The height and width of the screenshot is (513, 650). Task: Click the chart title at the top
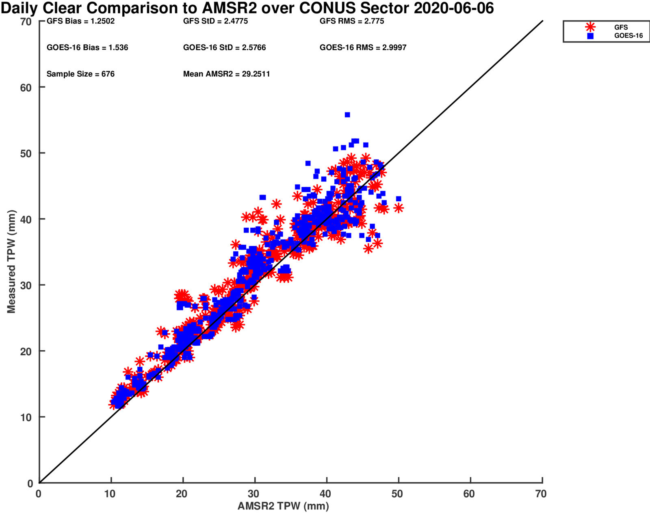pos(247,8)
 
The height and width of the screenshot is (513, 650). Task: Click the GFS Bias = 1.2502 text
pos(80,21)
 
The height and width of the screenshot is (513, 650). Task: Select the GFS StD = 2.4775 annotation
pos(215,21)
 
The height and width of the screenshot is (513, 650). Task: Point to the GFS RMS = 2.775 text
pos(352,21)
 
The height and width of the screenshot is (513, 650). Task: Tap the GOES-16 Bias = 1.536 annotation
pos(87,47)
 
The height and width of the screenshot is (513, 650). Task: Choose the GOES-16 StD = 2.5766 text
pos(224,47)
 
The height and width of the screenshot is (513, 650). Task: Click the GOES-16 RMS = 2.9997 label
pos(363,47)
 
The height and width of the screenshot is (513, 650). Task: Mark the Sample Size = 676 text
pos(80,74)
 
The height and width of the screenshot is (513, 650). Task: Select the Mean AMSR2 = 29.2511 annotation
pos(226,74)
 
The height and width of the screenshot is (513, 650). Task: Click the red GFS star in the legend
pos(590,27)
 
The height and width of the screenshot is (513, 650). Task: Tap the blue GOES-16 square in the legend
pos(590,36)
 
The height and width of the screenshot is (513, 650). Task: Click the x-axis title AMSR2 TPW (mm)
pos(283,506)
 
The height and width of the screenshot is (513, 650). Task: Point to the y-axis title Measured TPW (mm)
pos(11,261)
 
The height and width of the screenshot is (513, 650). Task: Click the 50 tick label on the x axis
pos(397,494)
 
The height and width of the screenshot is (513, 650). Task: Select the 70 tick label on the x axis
pos(541,494)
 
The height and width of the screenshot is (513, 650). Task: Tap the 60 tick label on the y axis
pos(26,88)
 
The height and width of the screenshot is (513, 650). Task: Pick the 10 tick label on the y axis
pos(26,417)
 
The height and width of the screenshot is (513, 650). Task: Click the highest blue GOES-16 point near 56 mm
pos(347,115)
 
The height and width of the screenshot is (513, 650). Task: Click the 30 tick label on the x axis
pos(253,494)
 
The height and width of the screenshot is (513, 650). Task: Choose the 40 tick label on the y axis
pos(26,220)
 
